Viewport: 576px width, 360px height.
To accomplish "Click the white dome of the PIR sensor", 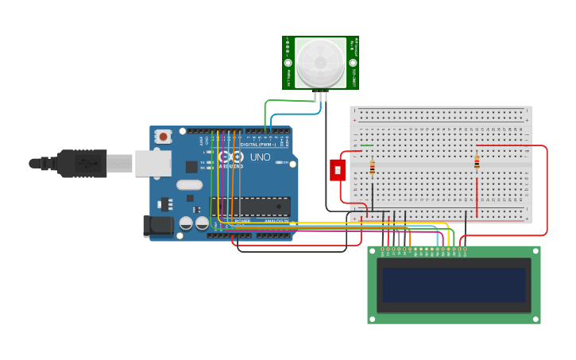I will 320,61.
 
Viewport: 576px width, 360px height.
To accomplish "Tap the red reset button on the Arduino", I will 163,137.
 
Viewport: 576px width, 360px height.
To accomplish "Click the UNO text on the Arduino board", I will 261,157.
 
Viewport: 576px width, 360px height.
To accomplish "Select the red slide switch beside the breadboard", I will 338,169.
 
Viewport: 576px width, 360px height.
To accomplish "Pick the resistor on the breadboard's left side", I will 373,168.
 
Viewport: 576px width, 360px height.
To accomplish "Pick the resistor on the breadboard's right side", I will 477,163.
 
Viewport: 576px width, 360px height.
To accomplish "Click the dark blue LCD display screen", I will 453,284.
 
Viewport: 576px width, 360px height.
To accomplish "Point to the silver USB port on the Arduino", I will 153,163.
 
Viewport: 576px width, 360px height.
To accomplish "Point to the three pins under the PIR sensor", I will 320,96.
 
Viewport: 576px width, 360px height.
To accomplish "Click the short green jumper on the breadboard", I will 367,145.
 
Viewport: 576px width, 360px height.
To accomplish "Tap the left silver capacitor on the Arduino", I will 186,224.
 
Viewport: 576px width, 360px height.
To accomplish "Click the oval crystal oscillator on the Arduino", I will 190,184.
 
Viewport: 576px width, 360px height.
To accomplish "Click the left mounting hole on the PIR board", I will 289,62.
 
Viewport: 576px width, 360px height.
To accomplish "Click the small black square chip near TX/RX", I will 191,166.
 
